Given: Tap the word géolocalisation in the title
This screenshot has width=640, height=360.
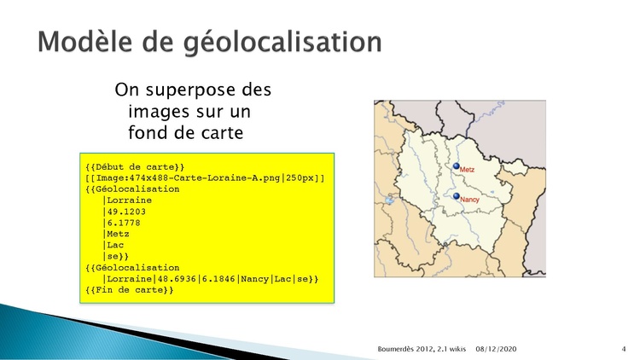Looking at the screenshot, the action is pyautogui.click(x=282, y=43).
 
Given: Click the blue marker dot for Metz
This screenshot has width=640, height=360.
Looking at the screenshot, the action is pyautogui.click(x=457, y=166).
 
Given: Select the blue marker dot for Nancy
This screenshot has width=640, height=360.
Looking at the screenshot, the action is pyautogui.click(x=457, y=196).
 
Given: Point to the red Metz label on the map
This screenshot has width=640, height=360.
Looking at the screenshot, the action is pyautogui.click(x=467, y=170).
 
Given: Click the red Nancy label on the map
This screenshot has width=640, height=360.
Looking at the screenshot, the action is pyautogui.click(x=469, y=200).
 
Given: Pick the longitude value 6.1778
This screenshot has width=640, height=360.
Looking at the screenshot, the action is pyautogui.click(x=124, y=223).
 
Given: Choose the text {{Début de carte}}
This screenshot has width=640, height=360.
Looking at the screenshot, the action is pyautogui.click(x=135, y=167).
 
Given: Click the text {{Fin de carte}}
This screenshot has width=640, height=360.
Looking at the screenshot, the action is pyautogui.click(x=130, y=290).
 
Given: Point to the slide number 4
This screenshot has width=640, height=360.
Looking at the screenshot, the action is pyautogui.click(x=623, y=349).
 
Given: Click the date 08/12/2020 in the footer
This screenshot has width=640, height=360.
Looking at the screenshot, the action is pyautogui.click(x=496, y=349).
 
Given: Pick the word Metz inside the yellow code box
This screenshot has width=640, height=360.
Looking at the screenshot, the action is pyautogui.click(x=119, y=234).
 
